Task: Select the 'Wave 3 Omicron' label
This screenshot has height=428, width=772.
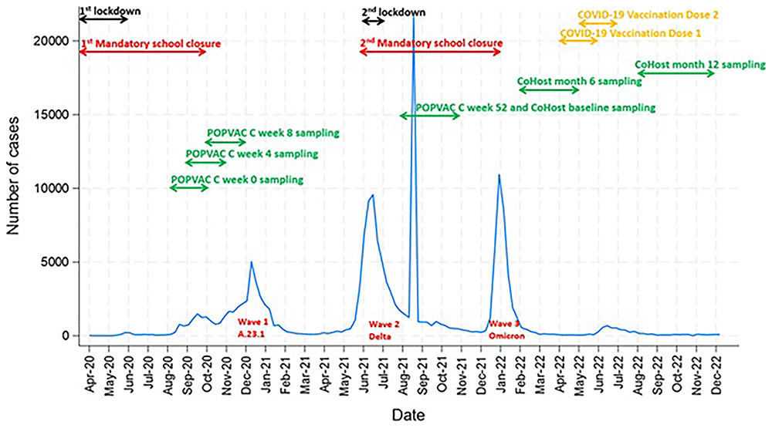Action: pyautogui.click(x=502, y=329)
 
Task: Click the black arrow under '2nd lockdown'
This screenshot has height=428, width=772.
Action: pyautogui.click(x=373, y=21)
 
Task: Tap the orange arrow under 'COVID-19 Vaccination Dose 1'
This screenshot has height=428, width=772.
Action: pyautogui.click(x=579, y=39)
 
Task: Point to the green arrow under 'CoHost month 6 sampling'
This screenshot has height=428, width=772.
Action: pyautogui.click(x=548, y=89)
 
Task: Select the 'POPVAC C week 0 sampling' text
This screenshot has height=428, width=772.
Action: pyautogui.click(x=236, y=179)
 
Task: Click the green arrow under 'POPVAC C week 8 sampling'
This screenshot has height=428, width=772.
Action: pyautogui.click(x=225, y=142)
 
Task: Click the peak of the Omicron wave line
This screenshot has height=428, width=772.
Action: pyautogui.click(x=499, y=174)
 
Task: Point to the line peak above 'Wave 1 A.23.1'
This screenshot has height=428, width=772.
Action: pyautogui.click(x=252, y=262)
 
